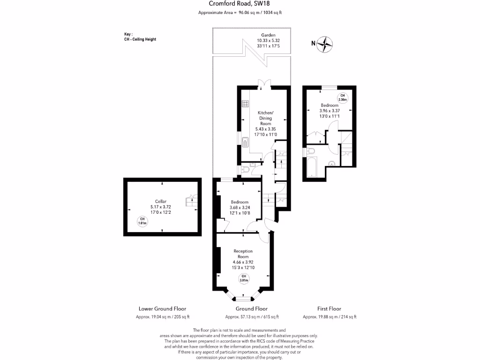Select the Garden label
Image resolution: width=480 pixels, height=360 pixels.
[x=268, y=35]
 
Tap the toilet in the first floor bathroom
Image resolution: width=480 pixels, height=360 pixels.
[x=311, y=151]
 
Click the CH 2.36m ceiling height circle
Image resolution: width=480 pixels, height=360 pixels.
[x=343, y=97]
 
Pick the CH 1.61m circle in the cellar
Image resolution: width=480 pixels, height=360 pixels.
[x=142, y=222]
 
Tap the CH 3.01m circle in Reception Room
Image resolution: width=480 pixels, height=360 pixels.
[x=243, y=278]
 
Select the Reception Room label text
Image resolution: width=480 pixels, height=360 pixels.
[x=243, y=254]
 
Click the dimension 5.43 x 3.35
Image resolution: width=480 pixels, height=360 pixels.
[x=265, y=129]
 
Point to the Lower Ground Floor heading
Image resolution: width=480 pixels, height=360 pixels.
[x=162, y=309]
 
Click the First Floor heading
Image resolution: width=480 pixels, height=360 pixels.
[x=329, y=309]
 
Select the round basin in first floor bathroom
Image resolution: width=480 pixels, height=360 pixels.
[x=332, y=164]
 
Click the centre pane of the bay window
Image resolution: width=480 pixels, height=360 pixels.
[x=243, y=298]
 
